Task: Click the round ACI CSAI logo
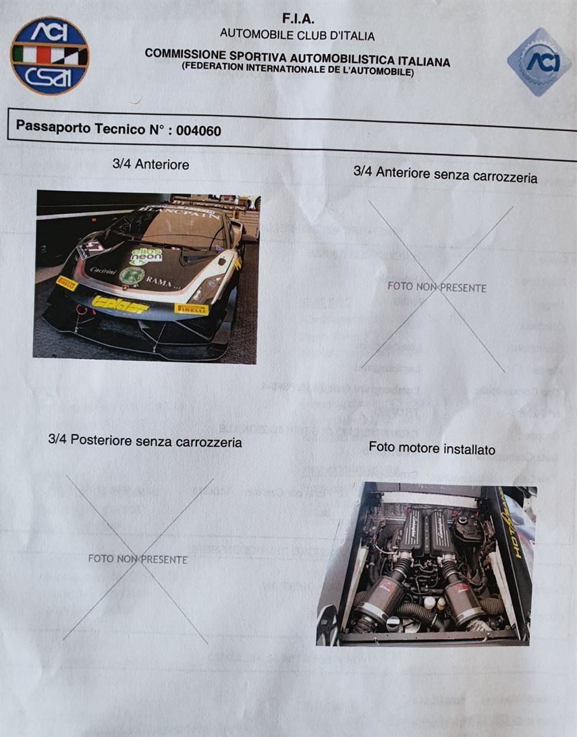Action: (49, 56)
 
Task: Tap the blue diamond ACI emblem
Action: (539, 61)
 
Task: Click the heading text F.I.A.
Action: (298, 20)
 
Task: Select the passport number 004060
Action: (198, 130)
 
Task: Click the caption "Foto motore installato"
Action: (432, 448)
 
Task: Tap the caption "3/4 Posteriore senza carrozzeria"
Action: (145, 441)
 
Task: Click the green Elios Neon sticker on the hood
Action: (146, 255)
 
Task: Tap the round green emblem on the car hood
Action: (132, 275)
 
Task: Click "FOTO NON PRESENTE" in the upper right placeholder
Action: (437, 287)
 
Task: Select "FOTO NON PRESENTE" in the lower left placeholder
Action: (138, 559)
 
